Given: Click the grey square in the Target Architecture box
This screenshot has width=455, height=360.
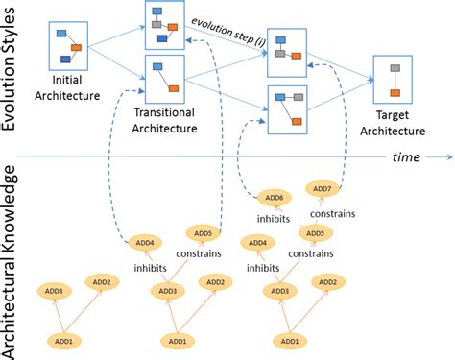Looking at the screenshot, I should [395, 69].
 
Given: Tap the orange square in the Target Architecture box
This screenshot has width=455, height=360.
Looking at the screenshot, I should [395, 92].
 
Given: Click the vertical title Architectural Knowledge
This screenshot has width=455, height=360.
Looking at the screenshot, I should [12, 259].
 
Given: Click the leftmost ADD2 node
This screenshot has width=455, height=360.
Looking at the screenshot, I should [102, 281].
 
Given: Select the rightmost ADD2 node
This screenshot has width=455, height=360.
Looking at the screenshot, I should [327, 281].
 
